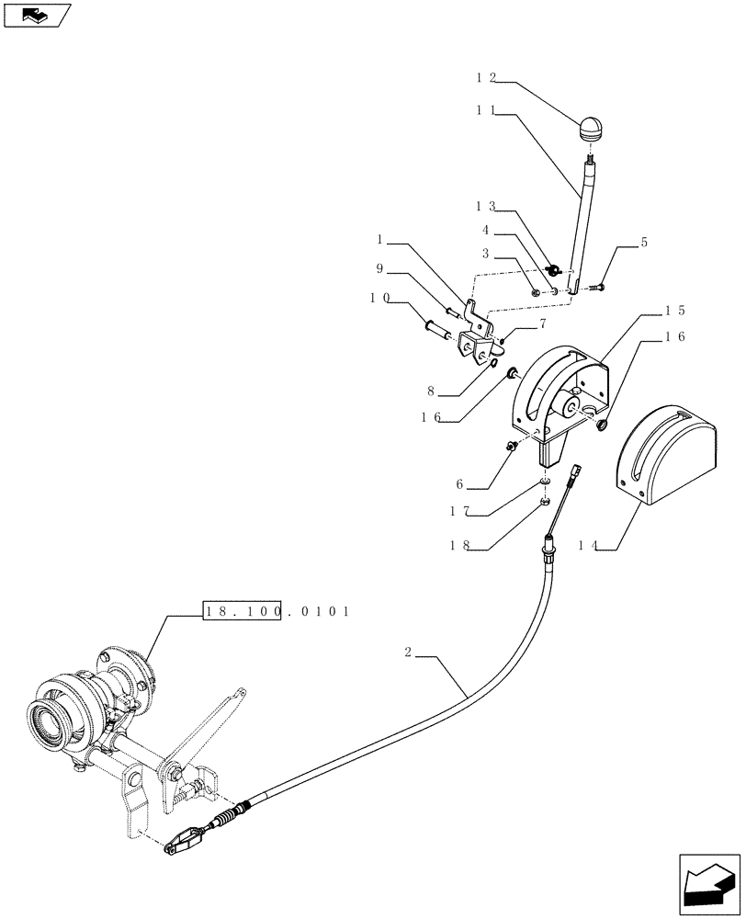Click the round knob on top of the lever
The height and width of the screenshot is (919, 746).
click(x=591, y=127)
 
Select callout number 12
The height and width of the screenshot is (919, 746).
click(x=486, y=79)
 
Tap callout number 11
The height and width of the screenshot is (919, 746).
click(x=486, y=108)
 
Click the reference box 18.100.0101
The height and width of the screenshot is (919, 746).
click(x=276, y=610)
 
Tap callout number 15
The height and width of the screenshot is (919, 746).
click(x=676, y=311)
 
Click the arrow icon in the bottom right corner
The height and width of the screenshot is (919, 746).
click(x=709, y=883)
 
